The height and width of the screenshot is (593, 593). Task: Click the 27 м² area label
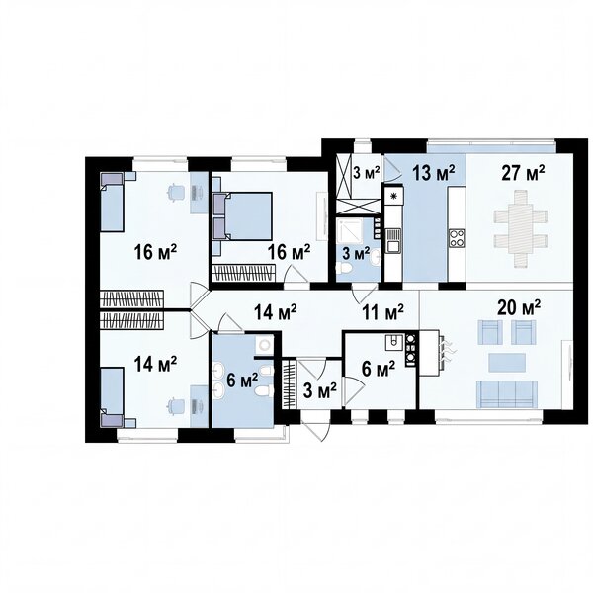523,172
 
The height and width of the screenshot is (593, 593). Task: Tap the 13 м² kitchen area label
433,173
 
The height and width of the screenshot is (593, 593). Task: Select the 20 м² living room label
519,307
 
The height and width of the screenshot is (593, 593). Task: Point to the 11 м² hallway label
382,311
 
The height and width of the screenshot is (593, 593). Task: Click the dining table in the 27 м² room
521,229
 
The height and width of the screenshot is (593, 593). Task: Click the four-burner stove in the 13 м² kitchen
457,238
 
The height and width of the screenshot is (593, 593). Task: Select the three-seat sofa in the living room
507,393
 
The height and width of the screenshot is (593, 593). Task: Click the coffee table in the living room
507,363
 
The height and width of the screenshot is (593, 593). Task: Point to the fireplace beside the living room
431,353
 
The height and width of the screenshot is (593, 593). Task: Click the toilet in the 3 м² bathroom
344,269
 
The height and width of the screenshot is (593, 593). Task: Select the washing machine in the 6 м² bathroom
264,344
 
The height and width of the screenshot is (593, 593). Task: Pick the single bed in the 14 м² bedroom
112,396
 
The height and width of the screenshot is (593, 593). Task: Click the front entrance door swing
316,427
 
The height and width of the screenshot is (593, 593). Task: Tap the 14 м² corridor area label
276,312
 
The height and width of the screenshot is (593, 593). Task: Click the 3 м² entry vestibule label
320,391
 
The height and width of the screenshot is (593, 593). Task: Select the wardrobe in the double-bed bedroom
243,273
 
